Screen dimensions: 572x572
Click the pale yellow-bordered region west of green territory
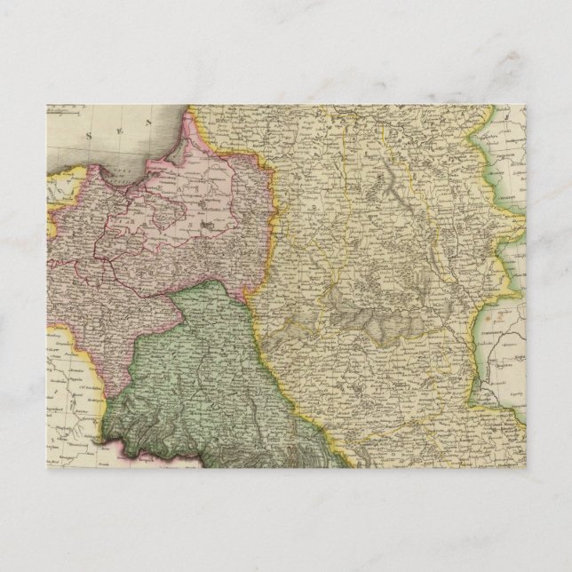click(75, 382)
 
